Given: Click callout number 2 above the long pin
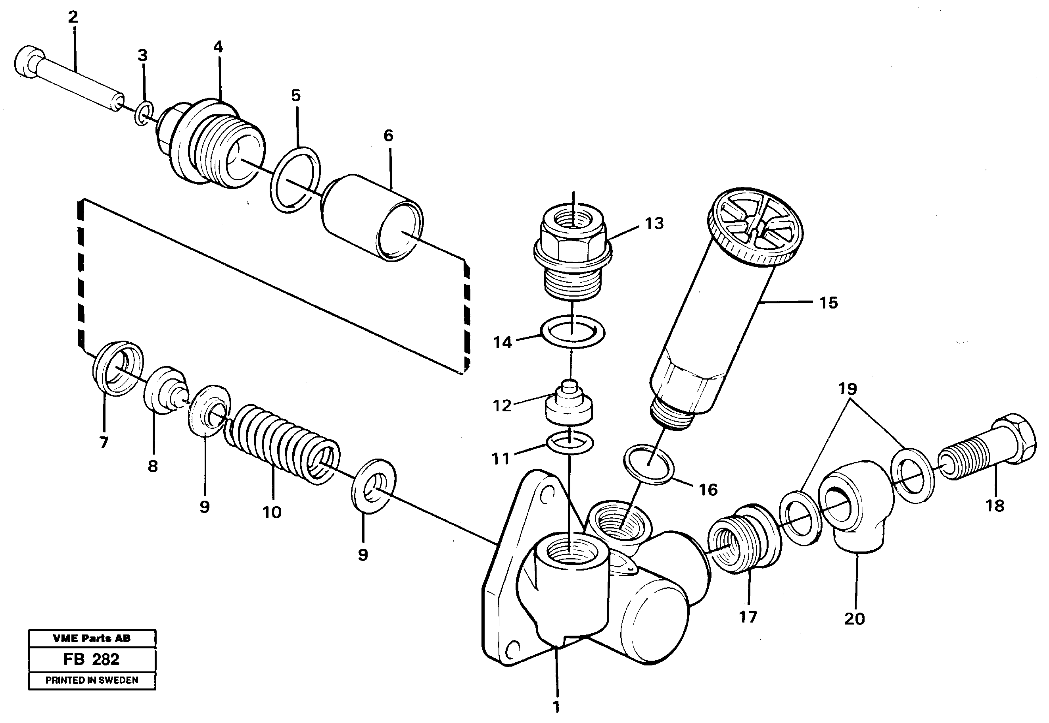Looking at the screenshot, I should tap(73, 17).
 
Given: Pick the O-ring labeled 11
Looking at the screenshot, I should tap(570, 443).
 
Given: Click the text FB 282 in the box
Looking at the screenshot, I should tap(91, 659).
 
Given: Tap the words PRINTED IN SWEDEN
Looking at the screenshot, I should tap(92, 680).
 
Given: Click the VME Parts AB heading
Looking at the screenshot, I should tap(92, 639).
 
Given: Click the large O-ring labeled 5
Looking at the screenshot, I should tap(295, 179).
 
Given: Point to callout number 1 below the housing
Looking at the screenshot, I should tap(556, 707).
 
